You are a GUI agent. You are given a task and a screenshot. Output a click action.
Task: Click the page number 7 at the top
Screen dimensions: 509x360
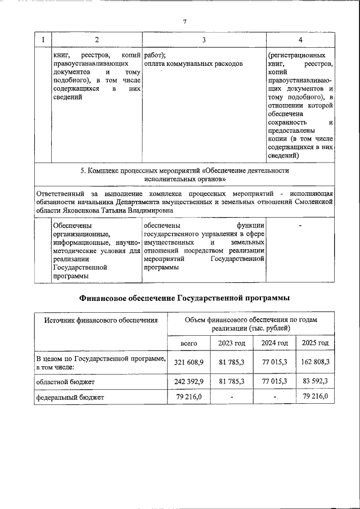coord(184,21)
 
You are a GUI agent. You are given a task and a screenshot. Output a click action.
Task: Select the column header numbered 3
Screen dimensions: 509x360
coord(204,39)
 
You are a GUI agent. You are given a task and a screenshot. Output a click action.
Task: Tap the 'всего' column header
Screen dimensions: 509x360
coord(188,343)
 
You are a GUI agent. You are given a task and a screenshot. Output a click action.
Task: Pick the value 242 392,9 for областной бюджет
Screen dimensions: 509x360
coord(188,381)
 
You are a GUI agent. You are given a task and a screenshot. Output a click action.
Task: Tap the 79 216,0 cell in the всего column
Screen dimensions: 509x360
coord(188,397)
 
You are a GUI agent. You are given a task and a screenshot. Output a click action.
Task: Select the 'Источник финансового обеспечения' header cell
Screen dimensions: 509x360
coord(101,321)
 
